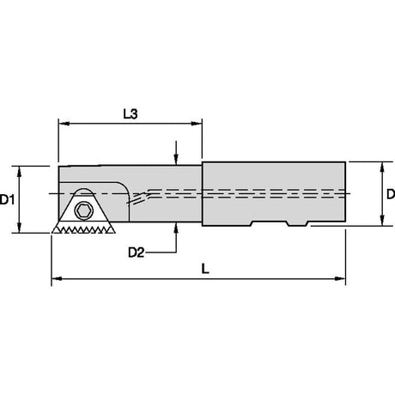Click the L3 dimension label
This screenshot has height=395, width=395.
tap(131, 114)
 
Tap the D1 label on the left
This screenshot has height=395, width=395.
tap(7, 199)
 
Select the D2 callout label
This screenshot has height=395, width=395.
tap(136, 252)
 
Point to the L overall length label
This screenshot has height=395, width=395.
tap(205, 269)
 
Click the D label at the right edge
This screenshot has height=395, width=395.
tap(391, 194)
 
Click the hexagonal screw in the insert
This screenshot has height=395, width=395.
tap(84, 211)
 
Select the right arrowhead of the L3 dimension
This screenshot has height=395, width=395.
tap(197, 124)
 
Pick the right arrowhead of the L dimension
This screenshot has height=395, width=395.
tap(340, 278)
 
